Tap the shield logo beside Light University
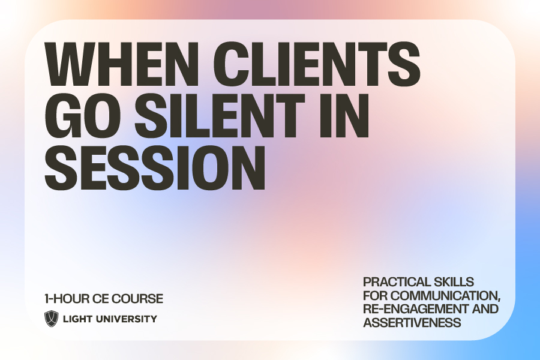[x=52, y=319]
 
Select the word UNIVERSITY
[x=127, y=319]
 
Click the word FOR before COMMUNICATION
[x=375, y=295]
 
